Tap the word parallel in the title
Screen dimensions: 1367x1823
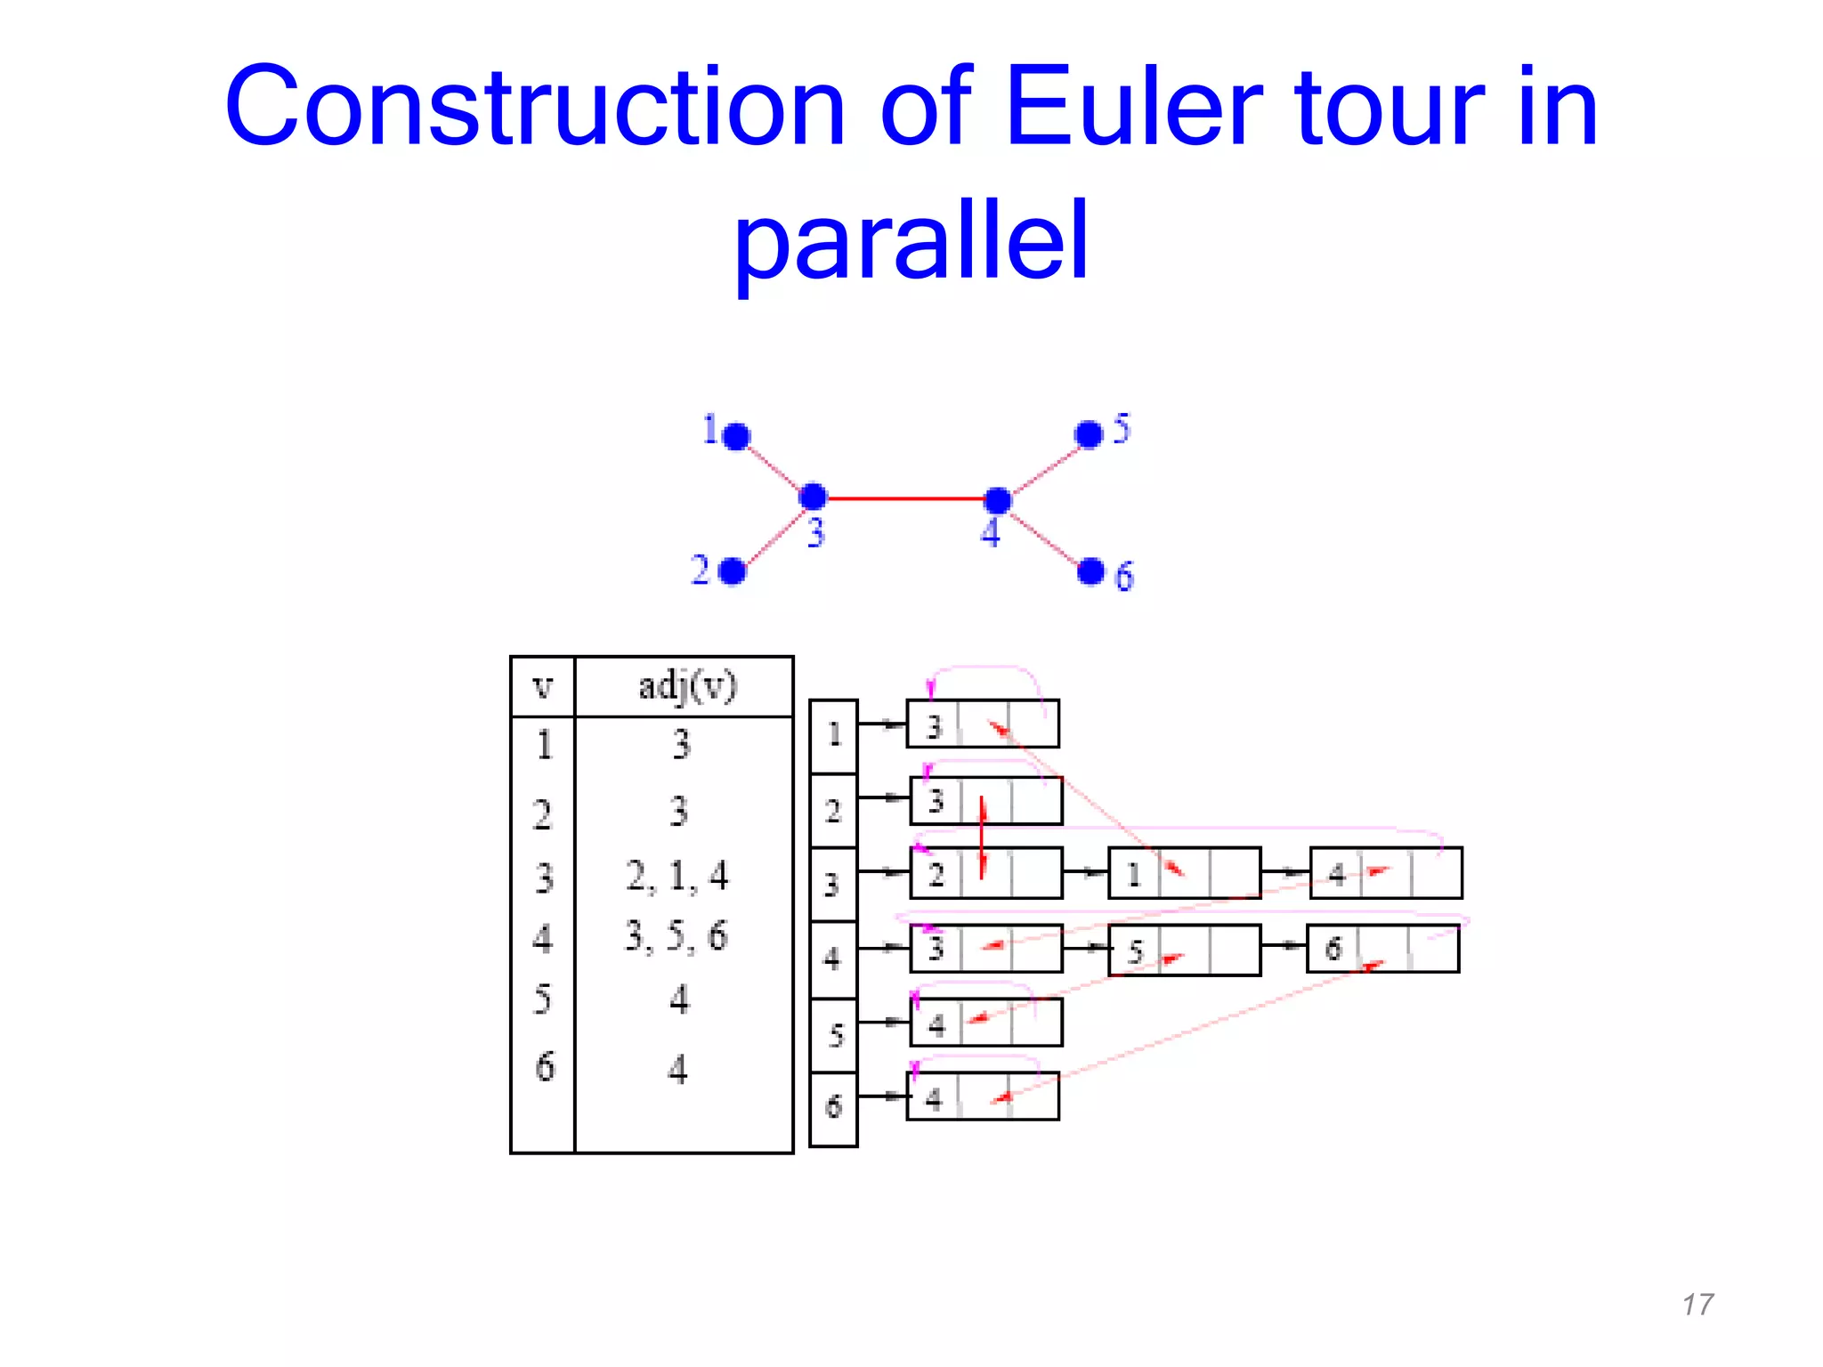coord(911,240)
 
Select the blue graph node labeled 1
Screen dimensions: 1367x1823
coord(736,436)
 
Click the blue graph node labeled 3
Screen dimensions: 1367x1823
coord(813,497)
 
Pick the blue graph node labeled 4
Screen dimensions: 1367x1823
coord(998,500)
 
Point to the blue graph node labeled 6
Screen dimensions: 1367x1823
coord(1090,571)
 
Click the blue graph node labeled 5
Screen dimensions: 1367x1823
coord(1089,434)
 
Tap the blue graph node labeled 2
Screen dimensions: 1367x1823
coord(732,571)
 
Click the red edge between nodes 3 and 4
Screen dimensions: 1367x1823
coord(905,498)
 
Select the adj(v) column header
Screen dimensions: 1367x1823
coord(685,686)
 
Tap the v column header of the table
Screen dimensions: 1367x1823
coord(542,686)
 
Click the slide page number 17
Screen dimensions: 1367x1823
coord(1697,1305)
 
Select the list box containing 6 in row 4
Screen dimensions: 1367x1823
coord(1382,949)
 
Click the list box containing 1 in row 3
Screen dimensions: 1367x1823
coord(1184,873)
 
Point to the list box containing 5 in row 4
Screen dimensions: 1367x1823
coord(1184,950)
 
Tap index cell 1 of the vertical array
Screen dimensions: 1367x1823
coord(833,735)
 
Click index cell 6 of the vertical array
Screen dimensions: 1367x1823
coord(833,1108)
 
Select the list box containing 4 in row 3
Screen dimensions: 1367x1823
coord(1385,873)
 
